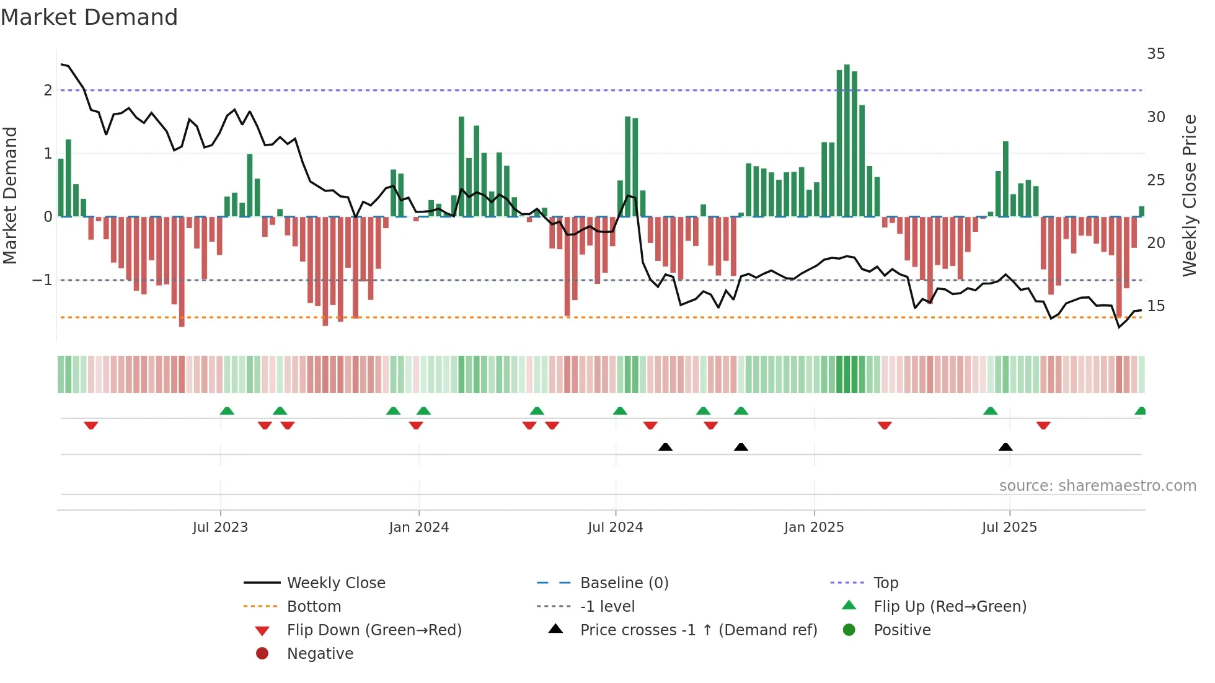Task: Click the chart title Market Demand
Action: click(89, 17)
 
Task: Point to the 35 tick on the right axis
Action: click(1155, 54)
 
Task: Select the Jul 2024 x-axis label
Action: click(615, 527)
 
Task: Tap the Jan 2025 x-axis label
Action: click(813, 527)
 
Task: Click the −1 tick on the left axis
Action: click(42, 280)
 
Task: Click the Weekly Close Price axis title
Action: click(1189, 195)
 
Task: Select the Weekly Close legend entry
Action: click(335, 583)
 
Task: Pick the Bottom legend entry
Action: click(314, 607)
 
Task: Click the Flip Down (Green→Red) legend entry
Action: click(374, 630)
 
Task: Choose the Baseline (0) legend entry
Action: click(624, 583)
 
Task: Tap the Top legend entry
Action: click(885, 583)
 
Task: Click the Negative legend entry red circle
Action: click(262, 654)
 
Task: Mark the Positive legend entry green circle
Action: click(849, 630)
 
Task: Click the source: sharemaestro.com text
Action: click(1097, 486)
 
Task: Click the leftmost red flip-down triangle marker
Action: click(91, 425)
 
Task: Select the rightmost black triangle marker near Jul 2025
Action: click(1005, 447)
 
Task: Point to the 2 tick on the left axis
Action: click(48, 90)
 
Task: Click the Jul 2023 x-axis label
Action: click(220, 527)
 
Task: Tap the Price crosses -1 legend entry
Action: click(698, 630)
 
